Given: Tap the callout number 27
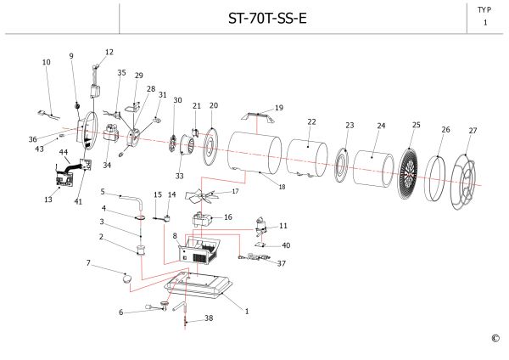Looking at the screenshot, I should click(x=473, y=131).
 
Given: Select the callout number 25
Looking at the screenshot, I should click(x=416, y=125).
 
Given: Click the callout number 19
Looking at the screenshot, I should click(x=279, y=108).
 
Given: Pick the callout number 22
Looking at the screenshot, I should click(x=311, y=122).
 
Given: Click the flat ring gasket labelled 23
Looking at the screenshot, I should click(x=343, y=165).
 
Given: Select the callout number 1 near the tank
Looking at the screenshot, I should click(x=247, y=312).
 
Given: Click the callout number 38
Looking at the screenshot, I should click(x=209, y=319).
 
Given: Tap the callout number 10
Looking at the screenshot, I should click(x=46, y=62).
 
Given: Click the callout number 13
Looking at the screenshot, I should click(x=48, y=200).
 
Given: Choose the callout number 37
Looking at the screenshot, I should click(x=282, y=263).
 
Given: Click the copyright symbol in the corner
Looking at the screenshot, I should click(x=495, y=339).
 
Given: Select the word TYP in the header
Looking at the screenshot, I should click(x=484, y=9).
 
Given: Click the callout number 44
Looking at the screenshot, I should click(x=63, y=151).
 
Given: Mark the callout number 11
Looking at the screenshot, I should click(x=283, y=226).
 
